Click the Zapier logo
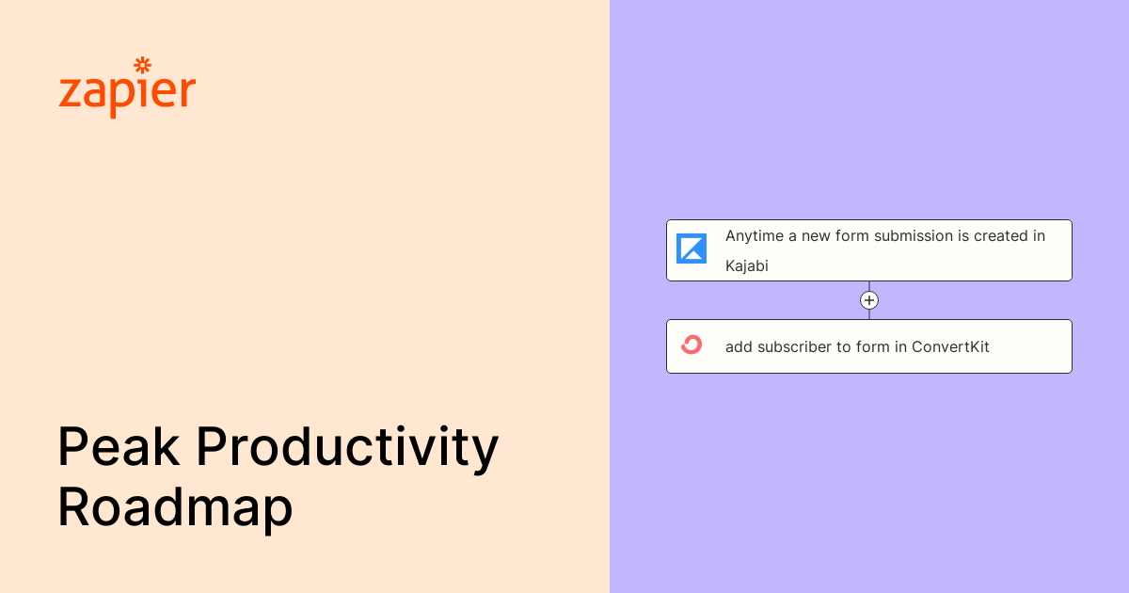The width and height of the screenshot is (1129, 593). tap(127, 90)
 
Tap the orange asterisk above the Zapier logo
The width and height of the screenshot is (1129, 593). tap(143, 65)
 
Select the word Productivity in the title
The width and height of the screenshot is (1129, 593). tap(347, 450)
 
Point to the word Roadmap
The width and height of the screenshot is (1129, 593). tap(175, 508)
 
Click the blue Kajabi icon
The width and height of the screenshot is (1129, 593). tap(692, 248)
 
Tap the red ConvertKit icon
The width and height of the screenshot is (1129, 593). tap(692, 345)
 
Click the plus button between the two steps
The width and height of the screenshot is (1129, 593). tap(869, 300)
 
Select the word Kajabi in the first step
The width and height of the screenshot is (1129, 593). tap(747, 265)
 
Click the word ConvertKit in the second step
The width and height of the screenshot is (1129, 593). tap(950, 346)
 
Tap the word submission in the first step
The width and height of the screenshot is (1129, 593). tap(914, 236)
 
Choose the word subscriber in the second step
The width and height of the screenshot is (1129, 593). tap(796, 346)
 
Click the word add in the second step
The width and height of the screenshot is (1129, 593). tap(739, 346)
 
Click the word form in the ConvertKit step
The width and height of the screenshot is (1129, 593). tap(872, 346)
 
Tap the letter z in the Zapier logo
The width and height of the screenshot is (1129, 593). tap(69, 94)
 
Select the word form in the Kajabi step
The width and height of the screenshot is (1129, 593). tap(852, 236)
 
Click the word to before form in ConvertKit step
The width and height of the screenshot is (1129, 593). tap(845, 346)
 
